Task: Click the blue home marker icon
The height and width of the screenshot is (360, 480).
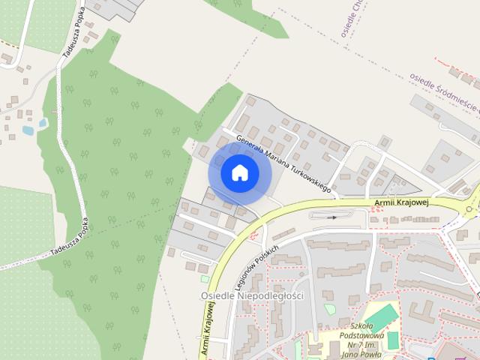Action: tap(239, 173)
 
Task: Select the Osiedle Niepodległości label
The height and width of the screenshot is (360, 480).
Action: tap(252, 296)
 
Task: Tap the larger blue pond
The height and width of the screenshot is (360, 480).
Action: tap(28, 130)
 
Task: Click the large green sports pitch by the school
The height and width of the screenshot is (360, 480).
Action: tap(382, 318)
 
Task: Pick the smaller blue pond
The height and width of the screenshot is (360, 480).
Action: tap(43, 122)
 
